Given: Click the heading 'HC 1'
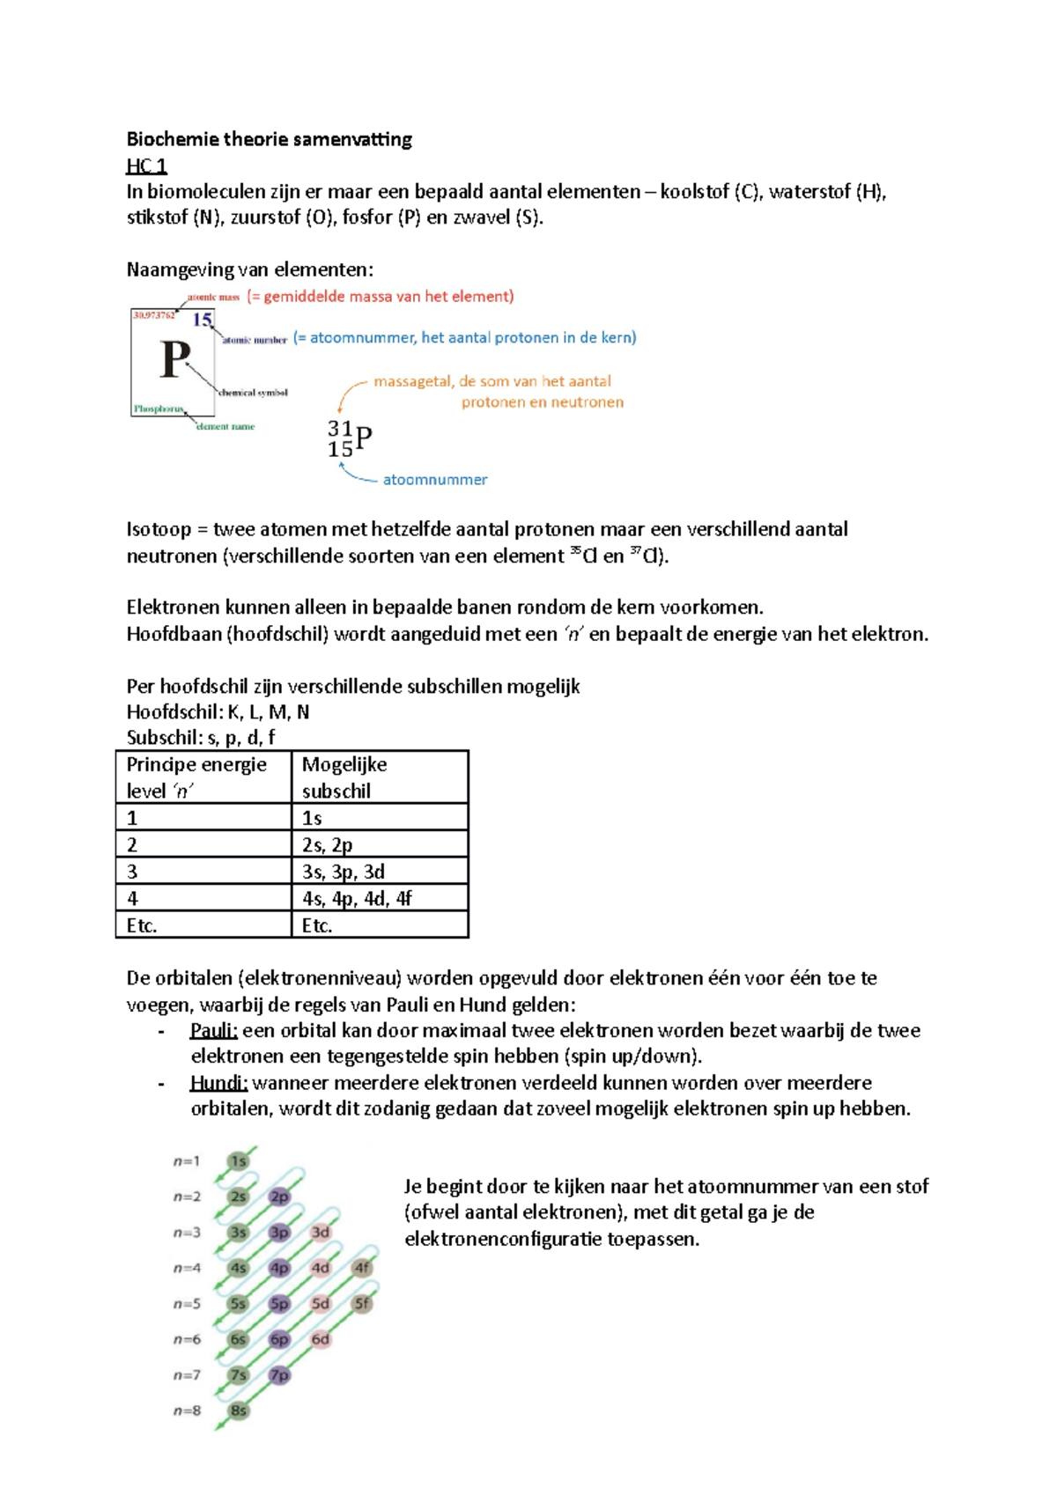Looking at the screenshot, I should [146, 166].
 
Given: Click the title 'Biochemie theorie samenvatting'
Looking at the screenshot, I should [269, 139].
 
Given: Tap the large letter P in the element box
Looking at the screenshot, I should [174, 359].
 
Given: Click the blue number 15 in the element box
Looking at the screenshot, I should [203, 320].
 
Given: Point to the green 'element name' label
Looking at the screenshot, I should [225, 426].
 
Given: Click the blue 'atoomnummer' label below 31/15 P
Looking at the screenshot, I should [434, 480].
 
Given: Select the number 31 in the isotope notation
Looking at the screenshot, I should [340, 429].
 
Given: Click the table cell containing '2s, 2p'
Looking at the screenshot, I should [379, 844].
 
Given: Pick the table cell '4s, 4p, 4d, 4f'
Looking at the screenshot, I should [379, 898].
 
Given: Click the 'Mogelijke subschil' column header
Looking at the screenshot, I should [379, 777].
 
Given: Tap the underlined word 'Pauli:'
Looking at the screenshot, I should [213, 1030].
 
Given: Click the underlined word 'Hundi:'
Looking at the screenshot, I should [218, 1083].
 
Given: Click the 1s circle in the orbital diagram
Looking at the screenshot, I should [238, 1161].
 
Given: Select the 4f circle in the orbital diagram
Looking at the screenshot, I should [362, 1268].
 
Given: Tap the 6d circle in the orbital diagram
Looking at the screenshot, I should [321, 1339].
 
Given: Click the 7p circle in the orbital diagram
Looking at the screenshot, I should [279, 1375].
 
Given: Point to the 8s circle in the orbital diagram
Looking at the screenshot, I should [238, 1410].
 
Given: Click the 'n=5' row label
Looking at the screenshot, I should [187, 1304].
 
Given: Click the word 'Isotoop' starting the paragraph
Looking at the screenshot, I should [159, 529].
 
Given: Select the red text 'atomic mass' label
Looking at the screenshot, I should [213, 298].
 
